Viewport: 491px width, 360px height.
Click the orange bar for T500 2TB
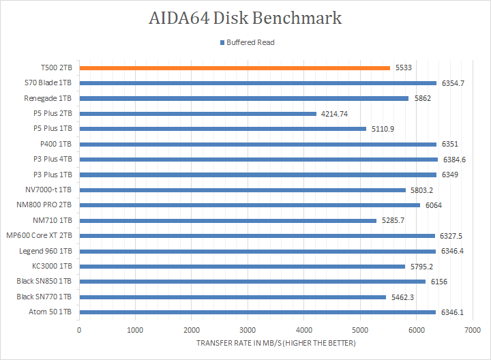coord(235,67)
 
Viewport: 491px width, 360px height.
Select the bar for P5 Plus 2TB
coord(198,113)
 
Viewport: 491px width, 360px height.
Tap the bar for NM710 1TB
coord(228,220)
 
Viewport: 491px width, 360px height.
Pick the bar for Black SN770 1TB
coord(233,297)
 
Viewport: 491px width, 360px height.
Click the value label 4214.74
coord(334,113)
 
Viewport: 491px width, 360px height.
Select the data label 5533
coord(403,67)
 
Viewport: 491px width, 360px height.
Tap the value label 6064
coord(433,205)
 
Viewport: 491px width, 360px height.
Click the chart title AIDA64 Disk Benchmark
coord(245,18)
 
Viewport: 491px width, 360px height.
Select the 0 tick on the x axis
coord(80,330)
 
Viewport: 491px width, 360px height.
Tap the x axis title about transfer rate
coord(276,342)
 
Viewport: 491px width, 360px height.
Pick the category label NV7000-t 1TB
coord(47,190)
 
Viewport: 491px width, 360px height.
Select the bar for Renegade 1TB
coord(244,98)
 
